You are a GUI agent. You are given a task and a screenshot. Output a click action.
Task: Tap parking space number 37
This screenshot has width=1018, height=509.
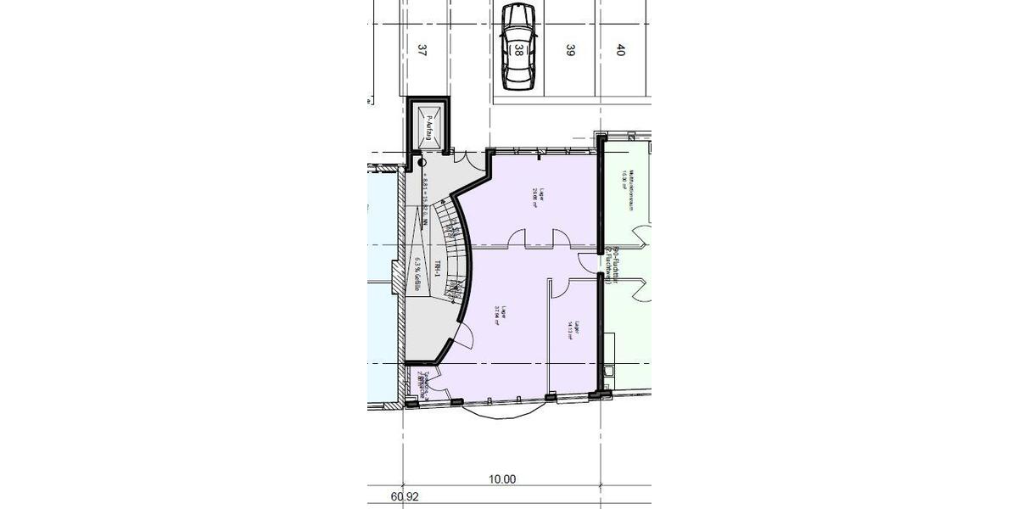[422, 50]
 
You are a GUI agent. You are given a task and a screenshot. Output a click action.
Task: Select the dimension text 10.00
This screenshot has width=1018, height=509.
[502, 479]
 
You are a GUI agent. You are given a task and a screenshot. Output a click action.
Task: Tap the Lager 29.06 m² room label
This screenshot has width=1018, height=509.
[535, 197]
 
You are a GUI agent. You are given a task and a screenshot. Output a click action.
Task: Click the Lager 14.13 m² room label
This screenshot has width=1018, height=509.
[575, 330]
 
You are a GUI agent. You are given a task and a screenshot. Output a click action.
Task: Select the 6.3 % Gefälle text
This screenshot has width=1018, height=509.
[417, 275]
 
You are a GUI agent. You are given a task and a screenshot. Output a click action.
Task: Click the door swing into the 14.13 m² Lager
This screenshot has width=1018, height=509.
[560, 288]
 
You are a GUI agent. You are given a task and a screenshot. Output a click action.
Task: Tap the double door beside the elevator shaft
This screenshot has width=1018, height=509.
[462, 155]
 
